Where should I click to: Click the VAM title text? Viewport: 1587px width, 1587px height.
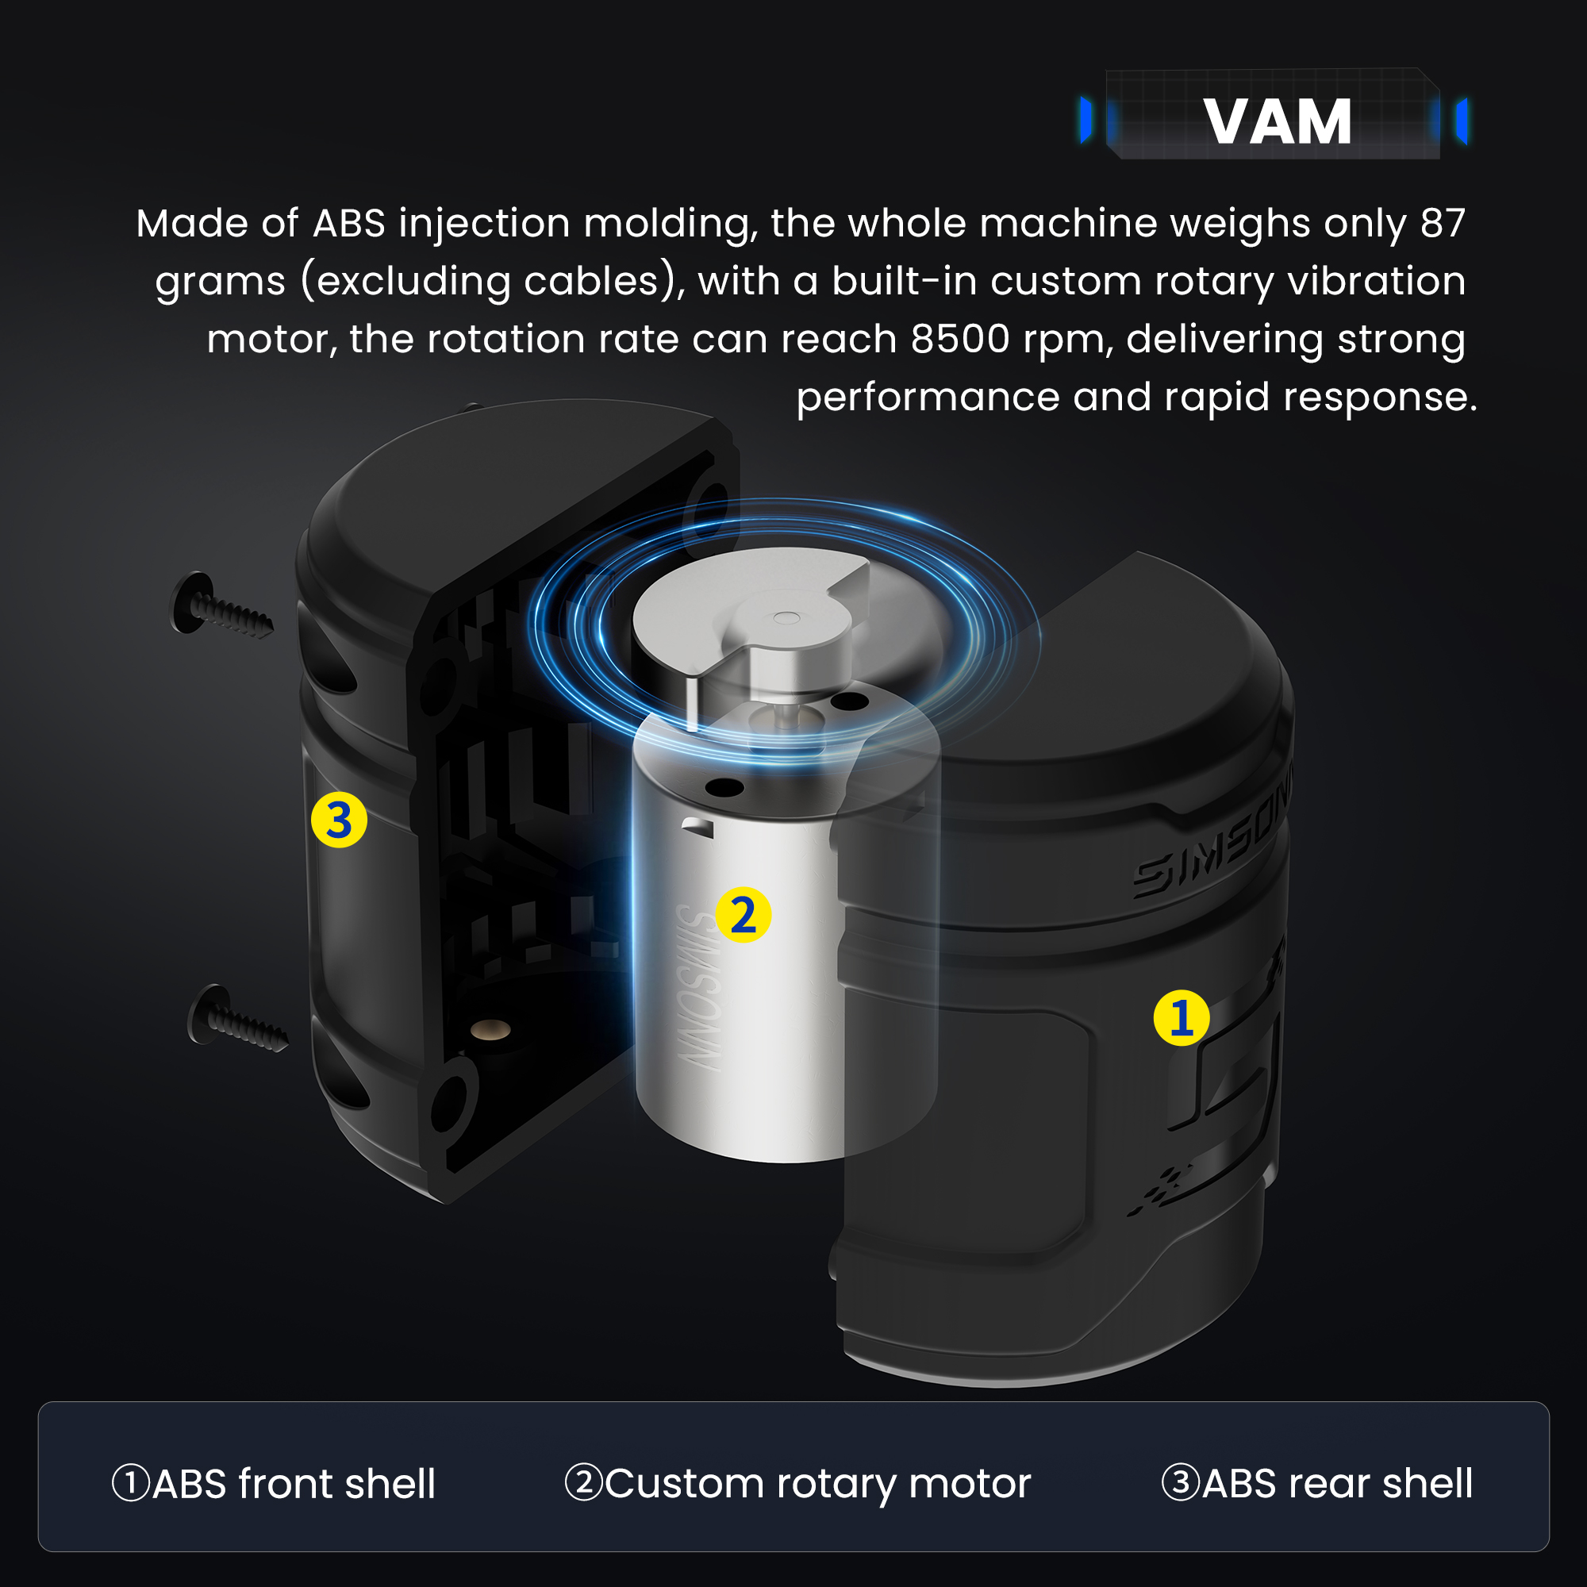[x=1278, y=121]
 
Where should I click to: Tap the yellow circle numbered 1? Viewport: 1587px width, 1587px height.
[x=1182, y=1018]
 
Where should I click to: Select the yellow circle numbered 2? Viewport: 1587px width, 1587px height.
[x=743, y=914]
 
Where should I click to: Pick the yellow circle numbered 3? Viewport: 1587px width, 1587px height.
[x=339, y=820]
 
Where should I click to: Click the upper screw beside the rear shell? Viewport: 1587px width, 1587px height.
[x=220, y=606]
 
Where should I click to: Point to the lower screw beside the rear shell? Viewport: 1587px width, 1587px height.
[x=237, y=1020]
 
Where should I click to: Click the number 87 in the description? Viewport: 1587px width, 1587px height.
[x=1443, y=224]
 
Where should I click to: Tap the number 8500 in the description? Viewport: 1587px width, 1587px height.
[x=959, y=340]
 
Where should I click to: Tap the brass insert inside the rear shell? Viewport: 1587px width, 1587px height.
[x=490, y=1029]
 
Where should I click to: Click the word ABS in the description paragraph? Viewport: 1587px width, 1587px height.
[x=349, y=224]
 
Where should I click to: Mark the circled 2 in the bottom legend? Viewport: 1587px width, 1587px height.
[x=584, y=1483]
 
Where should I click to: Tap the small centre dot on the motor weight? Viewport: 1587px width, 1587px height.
[x=786, y=617]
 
